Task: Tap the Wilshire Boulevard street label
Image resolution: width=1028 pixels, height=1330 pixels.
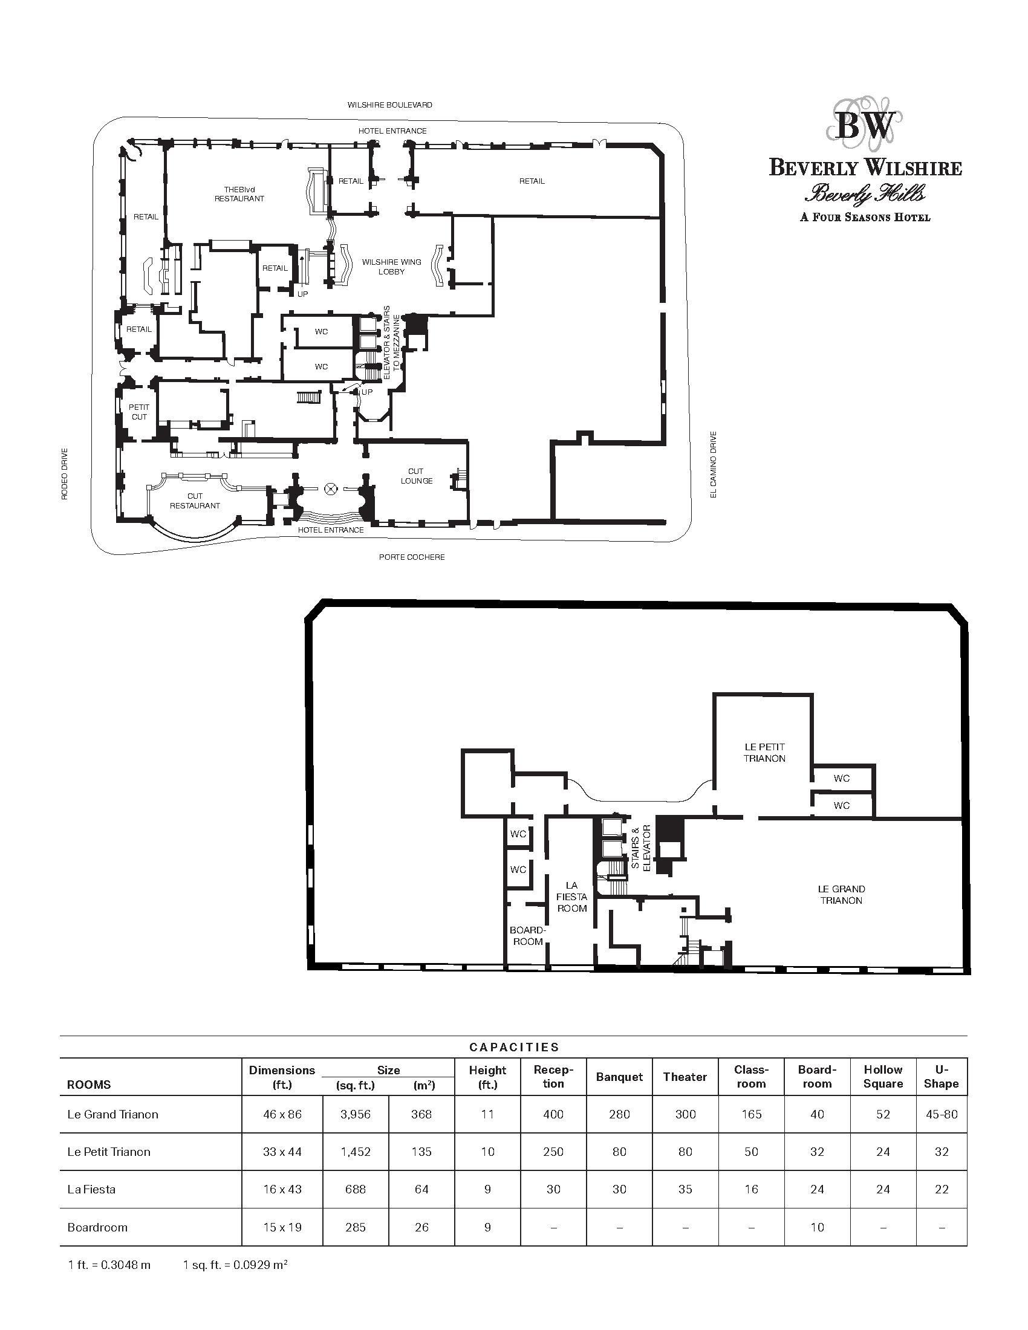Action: (390, 105)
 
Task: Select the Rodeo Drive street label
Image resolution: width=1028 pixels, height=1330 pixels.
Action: (65, 475)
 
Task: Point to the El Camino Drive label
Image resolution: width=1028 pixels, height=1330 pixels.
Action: (714, 464)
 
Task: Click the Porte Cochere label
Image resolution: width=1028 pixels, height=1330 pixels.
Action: (412, 557)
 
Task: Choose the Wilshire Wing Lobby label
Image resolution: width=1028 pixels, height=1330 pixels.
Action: (392, 267)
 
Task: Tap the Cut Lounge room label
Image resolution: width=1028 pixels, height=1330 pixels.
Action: (417, 476)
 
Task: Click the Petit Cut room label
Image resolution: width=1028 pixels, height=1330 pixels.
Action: (139, 412)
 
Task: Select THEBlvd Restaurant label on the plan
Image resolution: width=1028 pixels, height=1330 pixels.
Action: (239, 193)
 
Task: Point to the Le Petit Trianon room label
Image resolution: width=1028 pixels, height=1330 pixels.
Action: (764, 752)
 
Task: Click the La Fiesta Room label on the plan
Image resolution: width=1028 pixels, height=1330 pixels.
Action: (572, 897)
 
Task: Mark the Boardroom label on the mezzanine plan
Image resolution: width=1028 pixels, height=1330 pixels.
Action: (527, 936)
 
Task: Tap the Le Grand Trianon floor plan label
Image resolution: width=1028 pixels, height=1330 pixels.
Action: (841, 895)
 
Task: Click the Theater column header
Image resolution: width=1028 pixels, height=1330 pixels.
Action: (685, 1077)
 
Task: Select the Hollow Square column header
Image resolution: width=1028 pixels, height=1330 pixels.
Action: (883, 1077)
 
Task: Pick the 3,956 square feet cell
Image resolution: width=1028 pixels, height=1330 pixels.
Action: (356, 1114)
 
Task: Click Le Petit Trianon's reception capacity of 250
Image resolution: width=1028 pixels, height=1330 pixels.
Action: (553, 1152)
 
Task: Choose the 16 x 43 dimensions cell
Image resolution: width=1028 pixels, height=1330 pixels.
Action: (282, 1189)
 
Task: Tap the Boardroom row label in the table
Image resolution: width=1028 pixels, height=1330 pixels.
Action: (97, 1227)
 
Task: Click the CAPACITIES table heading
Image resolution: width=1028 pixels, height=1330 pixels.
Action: (514, 1047)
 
